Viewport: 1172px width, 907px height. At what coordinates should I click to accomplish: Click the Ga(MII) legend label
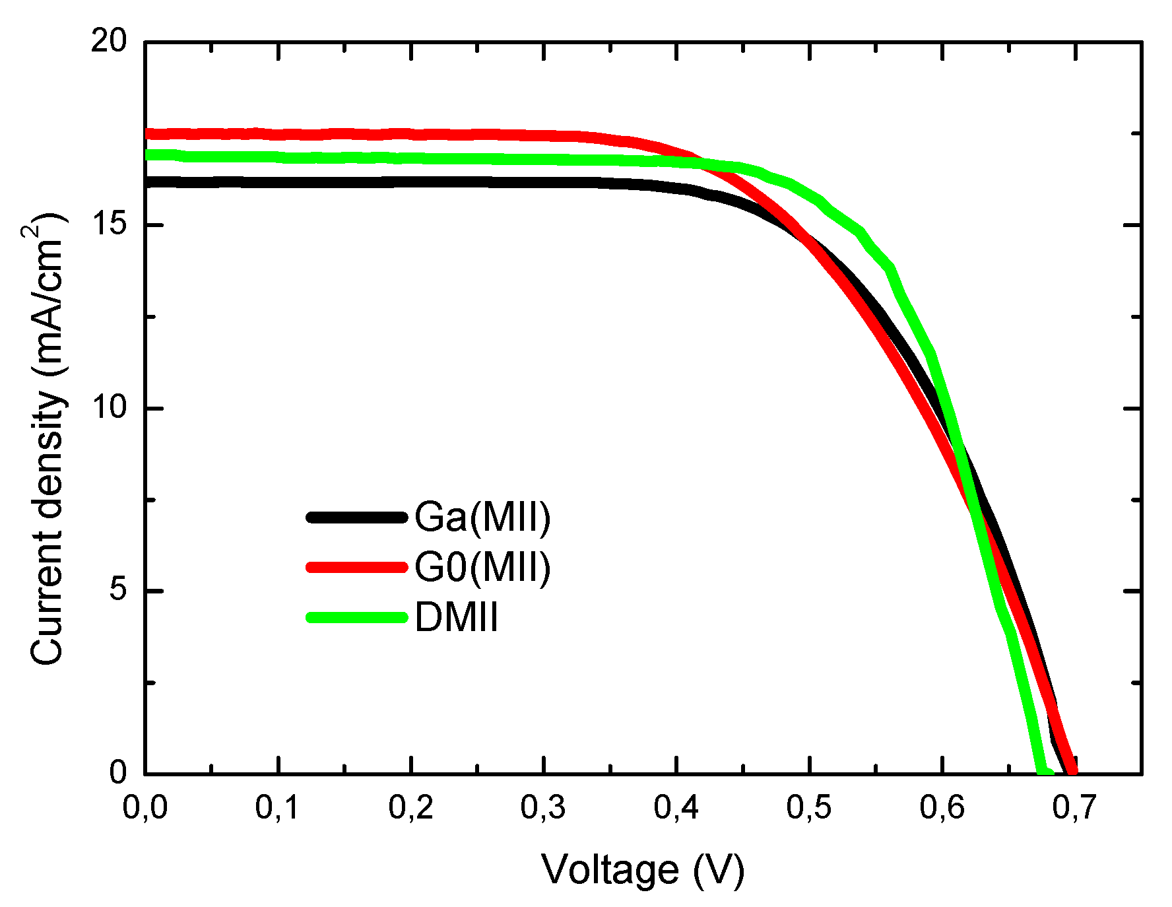[482, 517]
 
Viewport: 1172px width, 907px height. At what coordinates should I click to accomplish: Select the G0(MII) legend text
[482, 567]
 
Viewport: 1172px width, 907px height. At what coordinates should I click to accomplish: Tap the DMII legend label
[456, 618]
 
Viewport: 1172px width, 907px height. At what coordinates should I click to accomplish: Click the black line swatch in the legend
[356, 518]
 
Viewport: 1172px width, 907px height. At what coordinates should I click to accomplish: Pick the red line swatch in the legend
[356, 567]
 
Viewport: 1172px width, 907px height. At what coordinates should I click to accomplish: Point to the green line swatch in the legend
[356, 618]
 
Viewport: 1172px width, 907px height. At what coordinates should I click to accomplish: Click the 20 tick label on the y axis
[108, 42]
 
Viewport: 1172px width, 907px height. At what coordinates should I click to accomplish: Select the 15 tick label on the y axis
[108, 225]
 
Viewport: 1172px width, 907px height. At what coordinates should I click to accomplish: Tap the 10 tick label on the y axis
[108, 408]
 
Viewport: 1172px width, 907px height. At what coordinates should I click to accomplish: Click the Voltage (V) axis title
[643, 870]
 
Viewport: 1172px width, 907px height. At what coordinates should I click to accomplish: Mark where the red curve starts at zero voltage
[148, 134]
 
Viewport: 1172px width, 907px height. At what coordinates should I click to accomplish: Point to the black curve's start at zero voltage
[148, 182]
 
